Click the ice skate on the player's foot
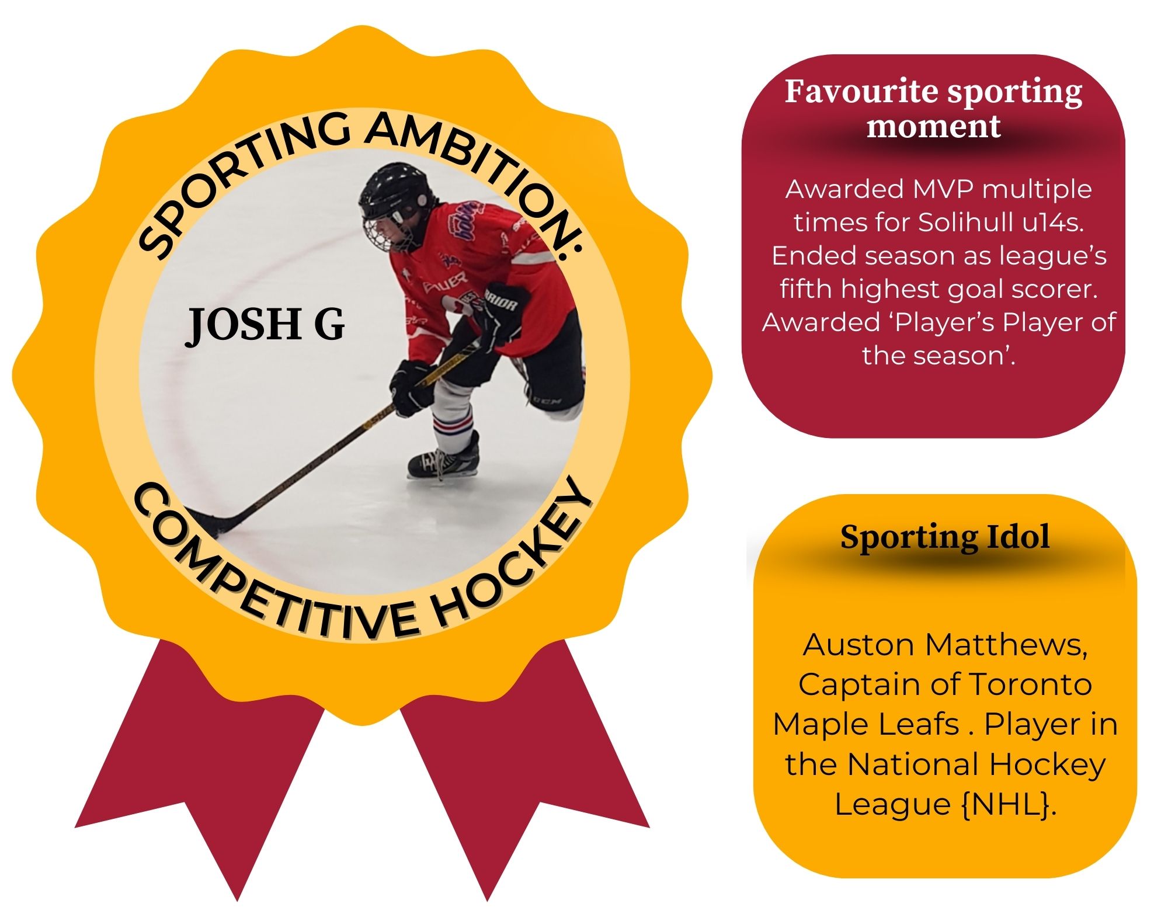click(x=444, y=458)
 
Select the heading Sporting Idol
click(x=944, y=537)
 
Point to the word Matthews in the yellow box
click(x=1006, y=645)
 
